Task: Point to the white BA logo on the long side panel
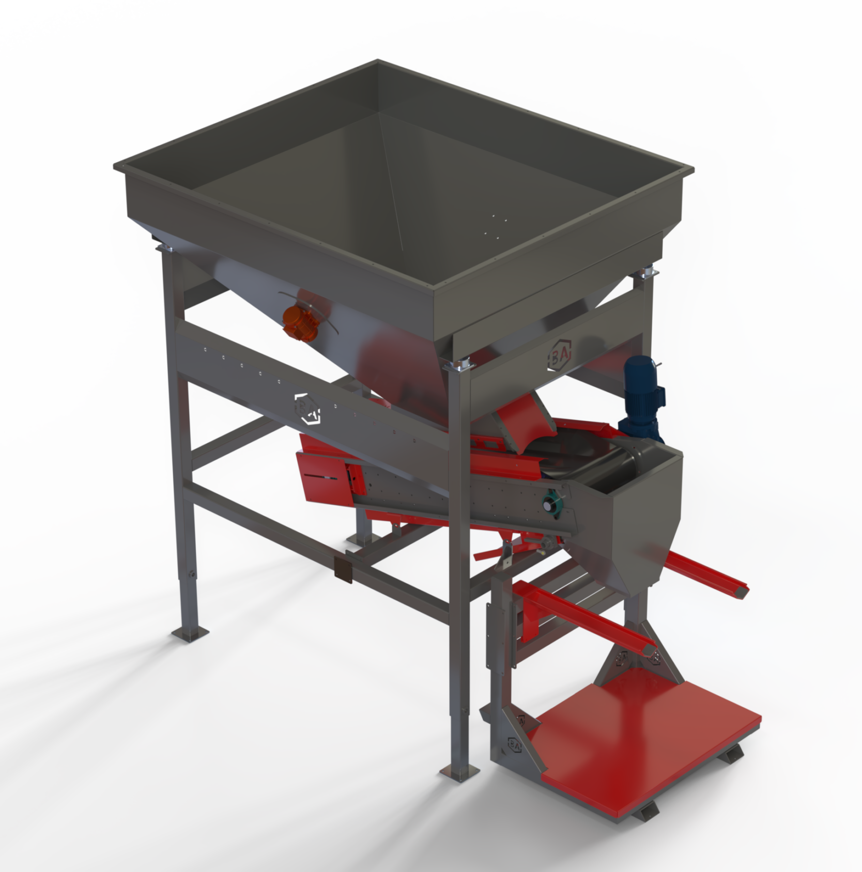tap(307, 408)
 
